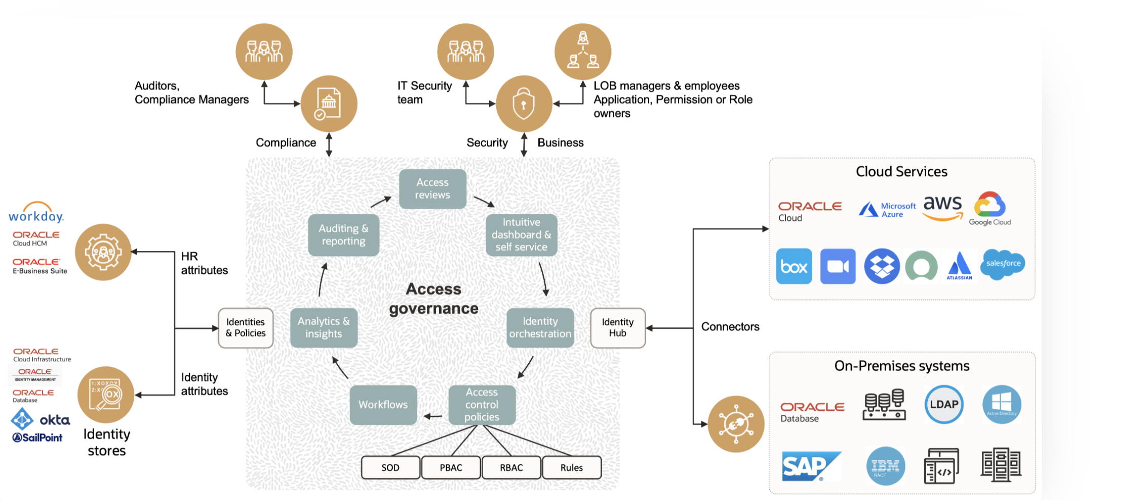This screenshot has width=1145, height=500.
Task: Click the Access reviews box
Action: coord(432,189)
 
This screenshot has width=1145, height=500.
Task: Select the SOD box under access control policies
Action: coord(390,467)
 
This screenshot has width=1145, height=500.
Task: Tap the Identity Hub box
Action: coord(617,328)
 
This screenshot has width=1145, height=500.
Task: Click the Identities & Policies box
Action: coord(246,328)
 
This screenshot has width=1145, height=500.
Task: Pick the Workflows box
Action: coord(383,404)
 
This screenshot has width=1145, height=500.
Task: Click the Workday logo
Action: coord(36,213)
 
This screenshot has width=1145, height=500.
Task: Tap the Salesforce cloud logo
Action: coord(1003,264)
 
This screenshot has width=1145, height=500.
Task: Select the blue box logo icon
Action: coord(794,266)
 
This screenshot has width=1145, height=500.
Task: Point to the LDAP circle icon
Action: coord(943,404)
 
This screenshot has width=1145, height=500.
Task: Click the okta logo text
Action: coord(55,420)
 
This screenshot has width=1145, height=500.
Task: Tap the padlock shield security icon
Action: coord(524,104)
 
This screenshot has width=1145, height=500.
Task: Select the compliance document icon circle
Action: coord(329,104)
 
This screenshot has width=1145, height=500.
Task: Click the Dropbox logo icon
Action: coord(881,266)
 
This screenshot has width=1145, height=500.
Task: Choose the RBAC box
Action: coord(511,467)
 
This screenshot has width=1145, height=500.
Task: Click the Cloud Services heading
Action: coord(901,172)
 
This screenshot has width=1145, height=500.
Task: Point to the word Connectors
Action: coord(730,327)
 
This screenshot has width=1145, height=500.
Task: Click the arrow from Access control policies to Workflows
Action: coord(432,416)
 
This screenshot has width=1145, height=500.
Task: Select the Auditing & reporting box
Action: coord(343,235)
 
